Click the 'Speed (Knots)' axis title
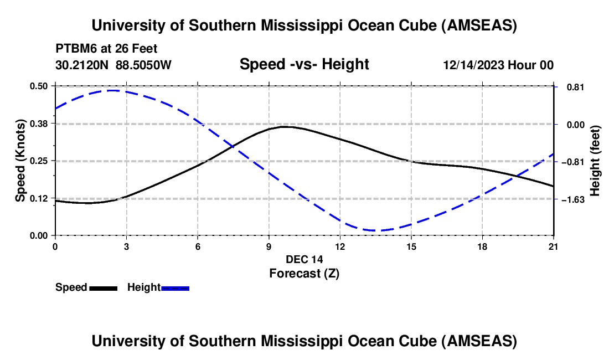(x=20, y=161)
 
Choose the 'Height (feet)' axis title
(x=595, y=161)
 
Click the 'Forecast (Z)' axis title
(x=304, y=273)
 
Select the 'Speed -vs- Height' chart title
(x=304, y=64)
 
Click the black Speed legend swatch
(x=103, y=288)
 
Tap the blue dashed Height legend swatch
(x=176, y=288)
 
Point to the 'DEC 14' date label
(x=304, y=259)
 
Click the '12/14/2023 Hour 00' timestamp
(x=498, y=65)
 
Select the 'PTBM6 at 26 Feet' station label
(x=106, y=49)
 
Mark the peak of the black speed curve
(x=283, y=127)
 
